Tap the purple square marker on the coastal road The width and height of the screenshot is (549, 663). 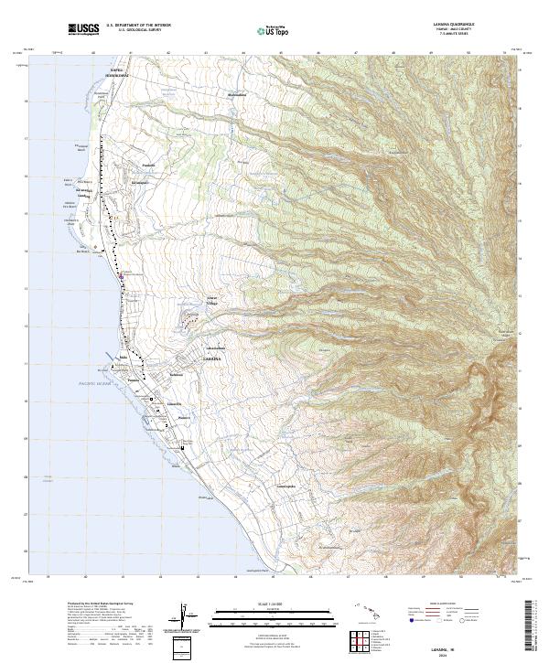coord(121,273)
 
